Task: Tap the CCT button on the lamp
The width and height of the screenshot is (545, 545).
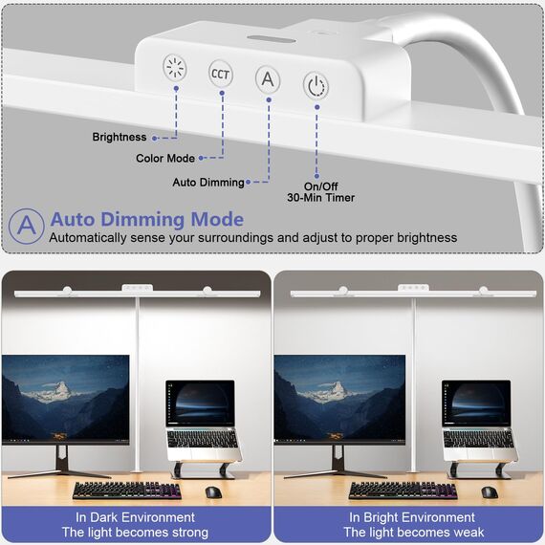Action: [x=220, y=74]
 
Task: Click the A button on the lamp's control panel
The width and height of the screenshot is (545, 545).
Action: [x=268, y=79]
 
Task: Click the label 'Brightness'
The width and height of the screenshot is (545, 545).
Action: [x=120, y=137]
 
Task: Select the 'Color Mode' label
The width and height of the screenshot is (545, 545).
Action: [x=165, y=158]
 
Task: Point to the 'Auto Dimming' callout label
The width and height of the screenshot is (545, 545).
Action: [x=208, y=182]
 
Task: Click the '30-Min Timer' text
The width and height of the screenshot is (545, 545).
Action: [x=321, y=198]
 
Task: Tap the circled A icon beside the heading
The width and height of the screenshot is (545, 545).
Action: [x=27, y=226]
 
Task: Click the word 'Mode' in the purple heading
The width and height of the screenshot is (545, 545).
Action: [x=217, y=219]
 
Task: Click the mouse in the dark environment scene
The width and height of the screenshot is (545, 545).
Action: [x=213, y=492]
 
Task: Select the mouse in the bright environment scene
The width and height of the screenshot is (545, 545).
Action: [x=490, y=492]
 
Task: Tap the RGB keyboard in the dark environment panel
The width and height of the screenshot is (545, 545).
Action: [x=127, y=490]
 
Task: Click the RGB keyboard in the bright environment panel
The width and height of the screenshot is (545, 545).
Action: [x=403, y=490]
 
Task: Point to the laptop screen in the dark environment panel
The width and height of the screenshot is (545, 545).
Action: [x=200, y=403]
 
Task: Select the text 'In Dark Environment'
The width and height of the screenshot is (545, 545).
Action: [x=135, y=517]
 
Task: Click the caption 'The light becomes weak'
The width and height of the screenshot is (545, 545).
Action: [x=414, y=533]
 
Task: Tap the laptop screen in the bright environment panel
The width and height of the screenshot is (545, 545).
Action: [x=476, y=403]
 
